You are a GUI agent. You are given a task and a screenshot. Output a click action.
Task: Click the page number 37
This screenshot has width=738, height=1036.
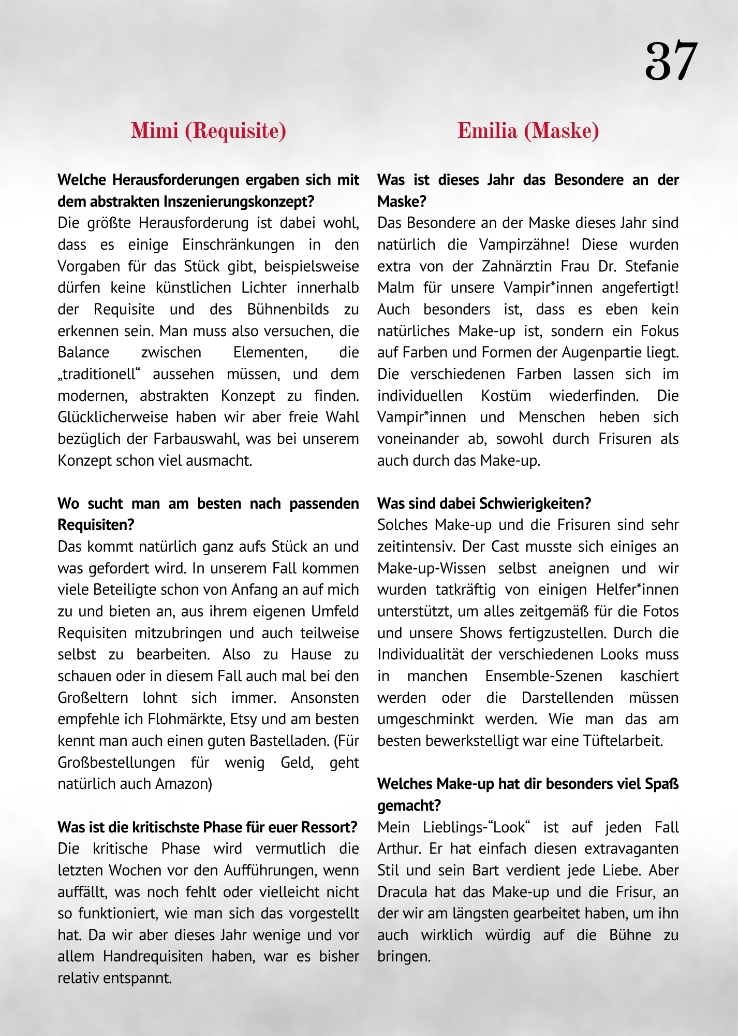click(671, 61)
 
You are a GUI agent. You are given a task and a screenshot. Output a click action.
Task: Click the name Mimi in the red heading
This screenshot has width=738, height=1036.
click(154, 131)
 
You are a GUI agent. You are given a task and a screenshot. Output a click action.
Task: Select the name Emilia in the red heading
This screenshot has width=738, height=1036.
click(487, 131)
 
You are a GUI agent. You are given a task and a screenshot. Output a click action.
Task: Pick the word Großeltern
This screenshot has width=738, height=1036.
click(93, 697)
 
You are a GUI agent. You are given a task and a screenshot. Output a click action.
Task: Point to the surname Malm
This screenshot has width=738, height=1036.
click(393, 287)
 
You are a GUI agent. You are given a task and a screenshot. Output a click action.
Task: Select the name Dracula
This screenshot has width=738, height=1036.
click(402, 892)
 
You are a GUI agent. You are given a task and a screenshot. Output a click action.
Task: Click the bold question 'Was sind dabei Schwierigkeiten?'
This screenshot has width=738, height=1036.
click(484, 503)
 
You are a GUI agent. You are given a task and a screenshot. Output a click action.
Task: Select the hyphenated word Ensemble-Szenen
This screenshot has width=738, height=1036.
click(544, 676)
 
